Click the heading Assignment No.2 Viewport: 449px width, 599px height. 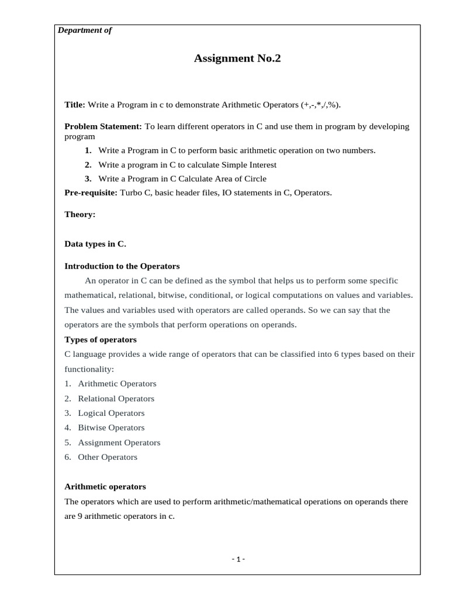pyautogui.click(x=233, y=58)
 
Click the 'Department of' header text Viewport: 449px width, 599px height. pyautogui.click(x=85, y=30)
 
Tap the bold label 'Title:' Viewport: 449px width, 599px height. pyautogui.click(x=75, y=105)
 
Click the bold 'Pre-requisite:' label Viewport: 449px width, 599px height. pyautogui.click(x=91, y=192)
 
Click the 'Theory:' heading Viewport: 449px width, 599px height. pyautogui.click(x=80, y=215)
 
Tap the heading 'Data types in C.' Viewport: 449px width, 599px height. pyautogui.click(x=95, y=244)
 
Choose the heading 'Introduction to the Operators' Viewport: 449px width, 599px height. pyautogui.click(x=122, y=266)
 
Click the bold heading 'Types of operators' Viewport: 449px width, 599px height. pyautogui.click(x=101, y=339)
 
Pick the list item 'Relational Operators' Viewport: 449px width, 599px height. pyautogui.click(x=116, y=398)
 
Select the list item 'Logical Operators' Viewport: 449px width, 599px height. pyautogui.click(x=111, y=413)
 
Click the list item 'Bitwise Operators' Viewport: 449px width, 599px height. pyautogui.click(x=111, y=428)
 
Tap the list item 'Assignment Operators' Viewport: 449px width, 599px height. pyautogui.click(x=119, y=442)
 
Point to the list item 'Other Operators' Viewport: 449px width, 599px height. pyautogui.click(x=108, y=457)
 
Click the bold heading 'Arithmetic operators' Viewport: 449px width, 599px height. pyautogui.click(x=105, y=487)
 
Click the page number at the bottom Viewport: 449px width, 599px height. pyautogui.click(x=237, y=559)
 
